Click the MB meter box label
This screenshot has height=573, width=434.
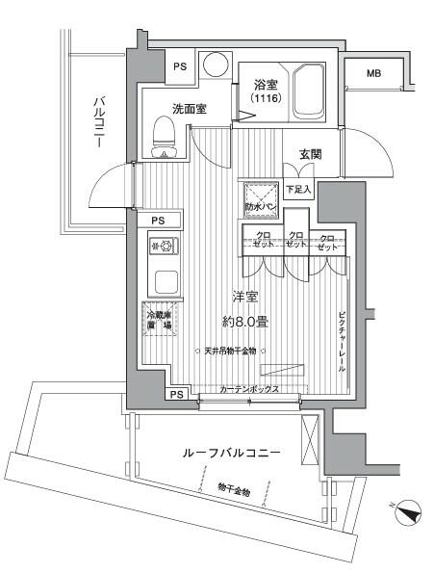[373, 72]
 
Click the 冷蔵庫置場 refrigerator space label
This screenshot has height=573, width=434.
[159, 321]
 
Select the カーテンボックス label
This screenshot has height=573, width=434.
[249, 389]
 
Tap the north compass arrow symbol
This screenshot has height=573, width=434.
[408, 515]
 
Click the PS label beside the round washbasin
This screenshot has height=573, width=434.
[180, 66]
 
